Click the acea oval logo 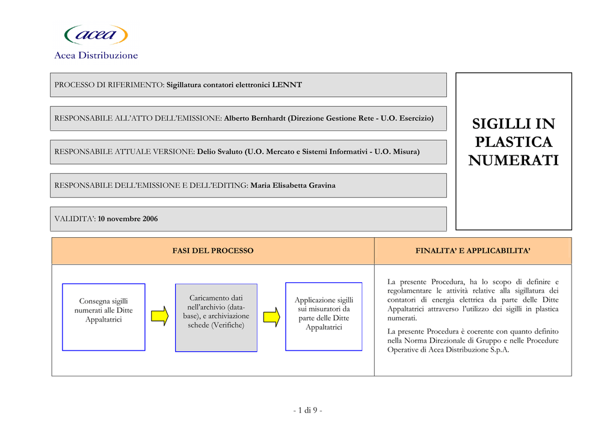pyautogui.click(x=96, y=34)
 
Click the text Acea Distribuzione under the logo pyautogui.click(x=96, y=55)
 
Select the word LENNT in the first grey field pyautogui.click(x=287, y=85)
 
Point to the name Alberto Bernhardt pyautogui.click(x=254, y=119)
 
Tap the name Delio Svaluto pyautogui.click(x=220, y=152)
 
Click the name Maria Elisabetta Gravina pyautogui.click(x=293, y=185)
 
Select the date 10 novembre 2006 pyautogui.click(x=128, y=219)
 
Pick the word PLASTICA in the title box pyautogui.click(x=514, y=142)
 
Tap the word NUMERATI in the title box pyautogui.click(x=514, y=160)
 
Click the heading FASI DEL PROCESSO pyautogui.click(x=213, y=251)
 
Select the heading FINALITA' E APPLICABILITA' pyautogui.click(x=473, y=251)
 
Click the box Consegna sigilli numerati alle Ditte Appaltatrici pyautogui.click(x=103, y=317)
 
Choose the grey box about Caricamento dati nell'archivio pyautogui.click(x=216, y=317)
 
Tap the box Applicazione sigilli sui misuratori pyautogui.click(x=324, y=317)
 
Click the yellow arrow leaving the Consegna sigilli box pyautogui.click(x=160, y=316)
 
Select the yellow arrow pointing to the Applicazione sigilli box pyautogui.click(x=271, y=317)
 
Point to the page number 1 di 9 pyautogui.click(x=307, y=411)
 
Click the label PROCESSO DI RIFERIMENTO pyautogui.click(x=109, y=85)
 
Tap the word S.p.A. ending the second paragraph pyautogui.click(x=499, y=350)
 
